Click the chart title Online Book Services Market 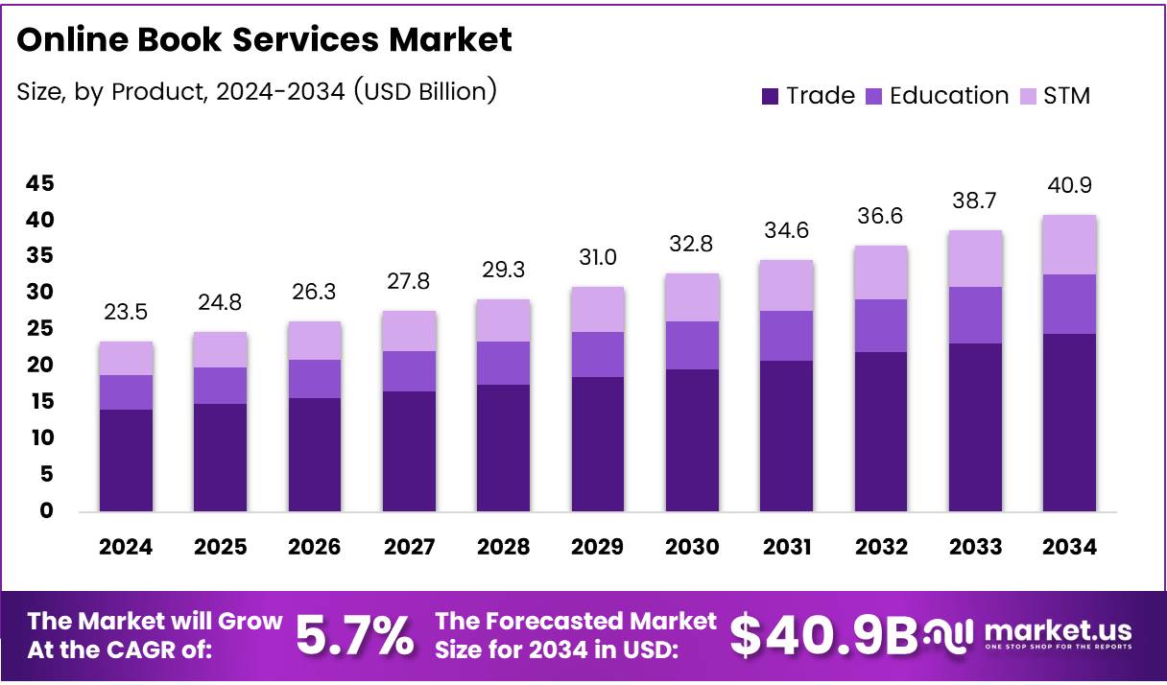(x=264, y=39)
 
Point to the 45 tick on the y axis (x=40, y=183)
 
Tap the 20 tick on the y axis (x=40, y=366)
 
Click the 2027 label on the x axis (x=409, y=547)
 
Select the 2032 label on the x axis (x=881, y=547)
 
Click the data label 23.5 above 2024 (x=126, y=313)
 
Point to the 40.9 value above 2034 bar (x=1069, y=185)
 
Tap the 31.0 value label (x=597, y=258)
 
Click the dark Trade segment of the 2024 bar (x=126, y=461)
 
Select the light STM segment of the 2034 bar (x=1069, y=245)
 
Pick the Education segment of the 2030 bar (x=692, y=345)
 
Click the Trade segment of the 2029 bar (x=597, y=444)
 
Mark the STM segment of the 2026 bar (x=315, y=341)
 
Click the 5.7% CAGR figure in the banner (x=354, y=634)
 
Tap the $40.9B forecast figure (x=823, y=634)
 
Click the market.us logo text (x=1057, y=630)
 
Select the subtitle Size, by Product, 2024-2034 (x=256, y=91)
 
